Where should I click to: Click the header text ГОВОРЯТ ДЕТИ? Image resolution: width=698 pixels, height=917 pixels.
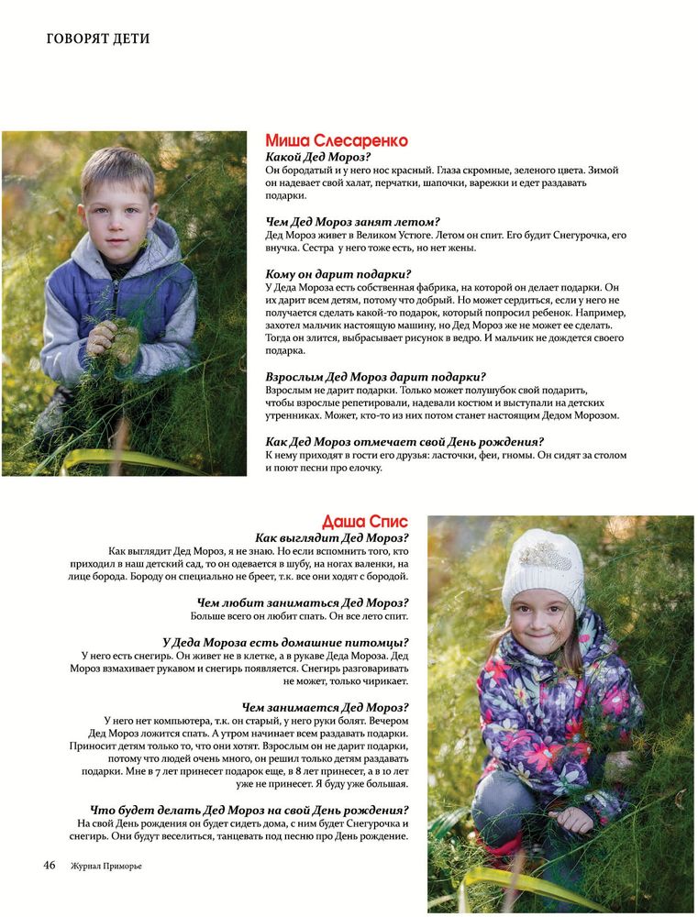pyautogui.click(x=98, y=39)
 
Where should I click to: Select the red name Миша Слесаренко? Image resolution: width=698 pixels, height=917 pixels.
pyautogui.click(x=336, y=140)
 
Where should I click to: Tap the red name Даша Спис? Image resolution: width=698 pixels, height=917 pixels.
pyautogui.click(x=365, y=522)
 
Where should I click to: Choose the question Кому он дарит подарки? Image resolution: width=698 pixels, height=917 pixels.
pyautogui.click(x=338, y=273)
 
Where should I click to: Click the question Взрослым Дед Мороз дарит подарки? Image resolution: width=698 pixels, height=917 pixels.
pyautogui.click(x=375, y=376)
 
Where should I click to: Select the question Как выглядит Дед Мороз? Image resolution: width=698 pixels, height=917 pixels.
pyautogui.click(x=331, y=537)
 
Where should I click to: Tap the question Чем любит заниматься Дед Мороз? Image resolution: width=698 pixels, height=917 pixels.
pyautogui.click(x=303, y=602)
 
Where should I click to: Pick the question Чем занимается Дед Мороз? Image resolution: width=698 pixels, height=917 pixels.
pyautogui.click(x=325, y=707)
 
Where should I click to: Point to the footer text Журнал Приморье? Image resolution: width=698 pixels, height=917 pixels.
pyautogui.click(x=106, y=866)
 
